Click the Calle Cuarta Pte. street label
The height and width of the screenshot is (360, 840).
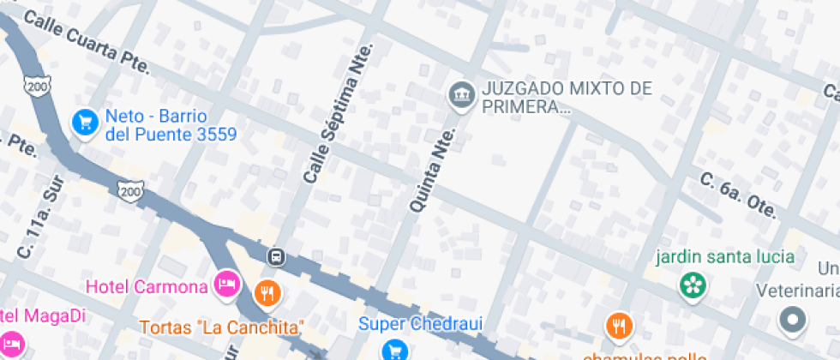coord(86,42)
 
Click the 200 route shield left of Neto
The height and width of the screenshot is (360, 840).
coord(35,87)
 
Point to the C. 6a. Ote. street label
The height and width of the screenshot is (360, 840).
coord(737,195)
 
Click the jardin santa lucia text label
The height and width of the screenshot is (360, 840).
coord(725,257)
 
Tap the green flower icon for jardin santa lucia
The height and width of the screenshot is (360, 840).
coord(693,285)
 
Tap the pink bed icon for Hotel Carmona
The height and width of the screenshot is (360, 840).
coord(227,281)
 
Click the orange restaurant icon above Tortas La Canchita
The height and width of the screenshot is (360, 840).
coord(268,294)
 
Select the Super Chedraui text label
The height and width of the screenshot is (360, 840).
coord(420,324)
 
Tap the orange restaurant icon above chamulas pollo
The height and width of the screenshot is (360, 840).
coord(618,326)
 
